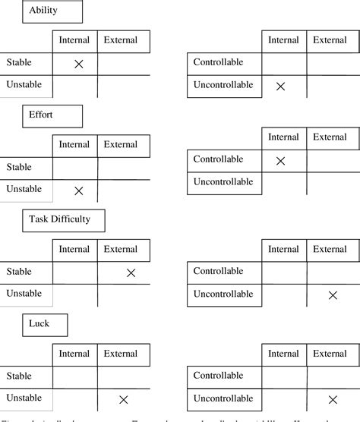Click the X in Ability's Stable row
coord(78,65)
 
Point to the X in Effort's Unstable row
coord(78,191)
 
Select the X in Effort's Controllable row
coord(280,160)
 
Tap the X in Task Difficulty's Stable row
coord(131,272)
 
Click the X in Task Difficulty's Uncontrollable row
coord(332,294)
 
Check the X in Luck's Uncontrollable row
coord(332,398)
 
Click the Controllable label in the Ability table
coord(219,61)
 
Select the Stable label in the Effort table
coord(19,166)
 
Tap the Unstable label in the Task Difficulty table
coord(24,293)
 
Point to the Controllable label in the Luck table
coord(219,375)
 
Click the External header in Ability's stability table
coord(121,39)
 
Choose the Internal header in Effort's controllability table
coord(283,137)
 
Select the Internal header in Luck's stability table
coord(74,354)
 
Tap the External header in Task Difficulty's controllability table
coord(330,249)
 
